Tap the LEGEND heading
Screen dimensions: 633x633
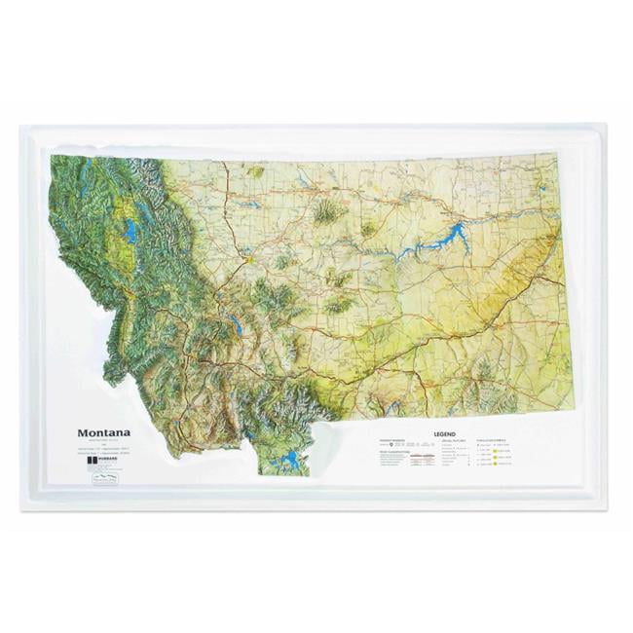[444, 433]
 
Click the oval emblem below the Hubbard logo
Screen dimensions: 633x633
[104, 478]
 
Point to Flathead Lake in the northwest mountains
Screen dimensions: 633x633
[130, 231]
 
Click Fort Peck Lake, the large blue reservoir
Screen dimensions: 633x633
[443, 237]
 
